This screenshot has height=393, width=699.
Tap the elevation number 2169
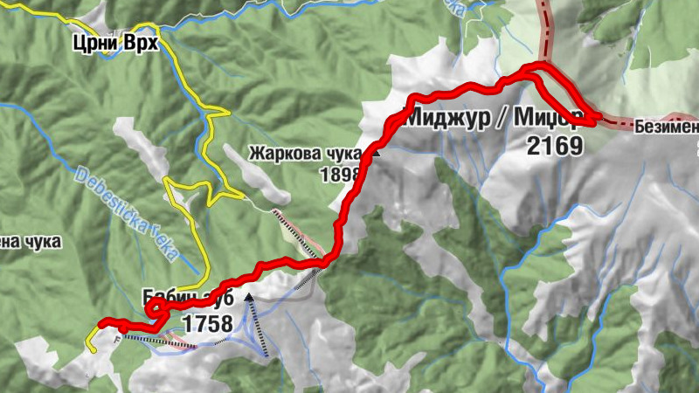pos(554,145)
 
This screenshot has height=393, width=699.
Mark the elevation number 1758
pos(207,325)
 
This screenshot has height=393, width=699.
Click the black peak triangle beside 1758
pos(250,299)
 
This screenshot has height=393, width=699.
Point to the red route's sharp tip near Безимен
pos(594,122)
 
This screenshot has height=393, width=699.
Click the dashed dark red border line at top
pos(547,26)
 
